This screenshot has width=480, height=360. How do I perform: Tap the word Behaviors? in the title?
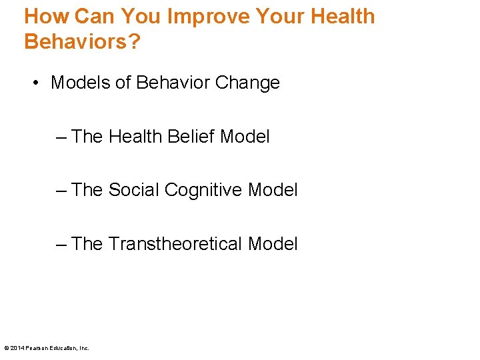pos(82,41)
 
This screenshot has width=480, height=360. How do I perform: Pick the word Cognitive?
pos(203,191)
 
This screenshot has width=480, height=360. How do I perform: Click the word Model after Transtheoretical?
pos(273,244)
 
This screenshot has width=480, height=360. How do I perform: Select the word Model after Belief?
pos(245,137)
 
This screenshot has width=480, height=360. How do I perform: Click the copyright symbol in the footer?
pos(7,348)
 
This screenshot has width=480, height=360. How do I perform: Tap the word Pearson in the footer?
pos(37,348)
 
